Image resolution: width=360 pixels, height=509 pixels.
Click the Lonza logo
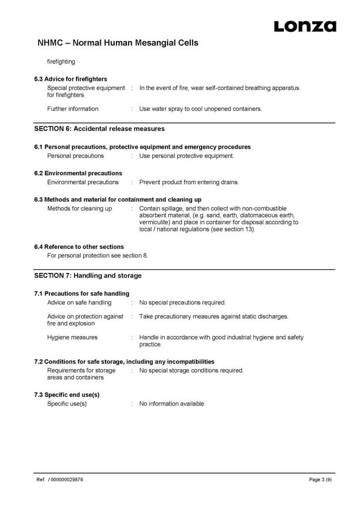(304, 26)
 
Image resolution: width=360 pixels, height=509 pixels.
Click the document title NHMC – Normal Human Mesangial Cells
(118, 43)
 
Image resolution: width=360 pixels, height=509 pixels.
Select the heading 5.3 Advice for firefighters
(70, 79)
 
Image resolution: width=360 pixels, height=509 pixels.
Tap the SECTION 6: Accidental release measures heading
(99, 129)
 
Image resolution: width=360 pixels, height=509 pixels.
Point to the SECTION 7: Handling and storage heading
(87, 276)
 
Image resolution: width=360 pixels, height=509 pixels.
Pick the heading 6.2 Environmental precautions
(78, 173)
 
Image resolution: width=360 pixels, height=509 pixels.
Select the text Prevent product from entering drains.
(189, 182)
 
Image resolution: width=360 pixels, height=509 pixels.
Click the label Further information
(73, 109)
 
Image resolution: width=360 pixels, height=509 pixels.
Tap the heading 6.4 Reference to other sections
(79, 247)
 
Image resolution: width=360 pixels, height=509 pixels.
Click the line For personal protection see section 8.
(98, 256)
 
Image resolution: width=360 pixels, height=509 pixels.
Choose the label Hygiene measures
(72, 337)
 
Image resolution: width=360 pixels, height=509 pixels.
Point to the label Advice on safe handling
(79, 302)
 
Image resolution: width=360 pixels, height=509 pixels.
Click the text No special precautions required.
(182, 302)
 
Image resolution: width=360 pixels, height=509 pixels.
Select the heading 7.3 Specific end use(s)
(67, 395)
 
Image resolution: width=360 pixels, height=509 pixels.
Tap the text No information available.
(172, 404)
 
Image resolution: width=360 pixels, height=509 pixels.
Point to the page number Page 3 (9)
(320, 480)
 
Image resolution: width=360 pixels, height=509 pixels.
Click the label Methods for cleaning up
(79, 208)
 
